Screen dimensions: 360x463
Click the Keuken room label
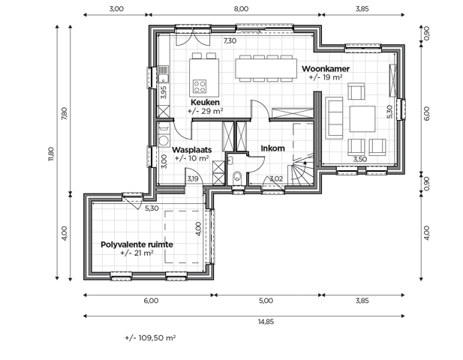[205, 102]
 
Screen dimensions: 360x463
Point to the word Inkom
[272, 148]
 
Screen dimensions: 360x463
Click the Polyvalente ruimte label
[137, 244]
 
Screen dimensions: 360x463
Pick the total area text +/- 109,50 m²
[150, 338]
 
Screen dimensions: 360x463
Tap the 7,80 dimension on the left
[65, 113]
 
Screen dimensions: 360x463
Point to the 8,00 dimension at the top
[240, 10]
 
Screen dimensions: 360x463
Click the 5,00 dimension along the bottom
[266, 301]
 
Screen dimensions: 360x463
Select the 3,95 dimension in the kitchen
[164, 94]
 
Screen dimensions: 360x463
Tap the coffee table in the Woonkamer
[362, 118]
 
